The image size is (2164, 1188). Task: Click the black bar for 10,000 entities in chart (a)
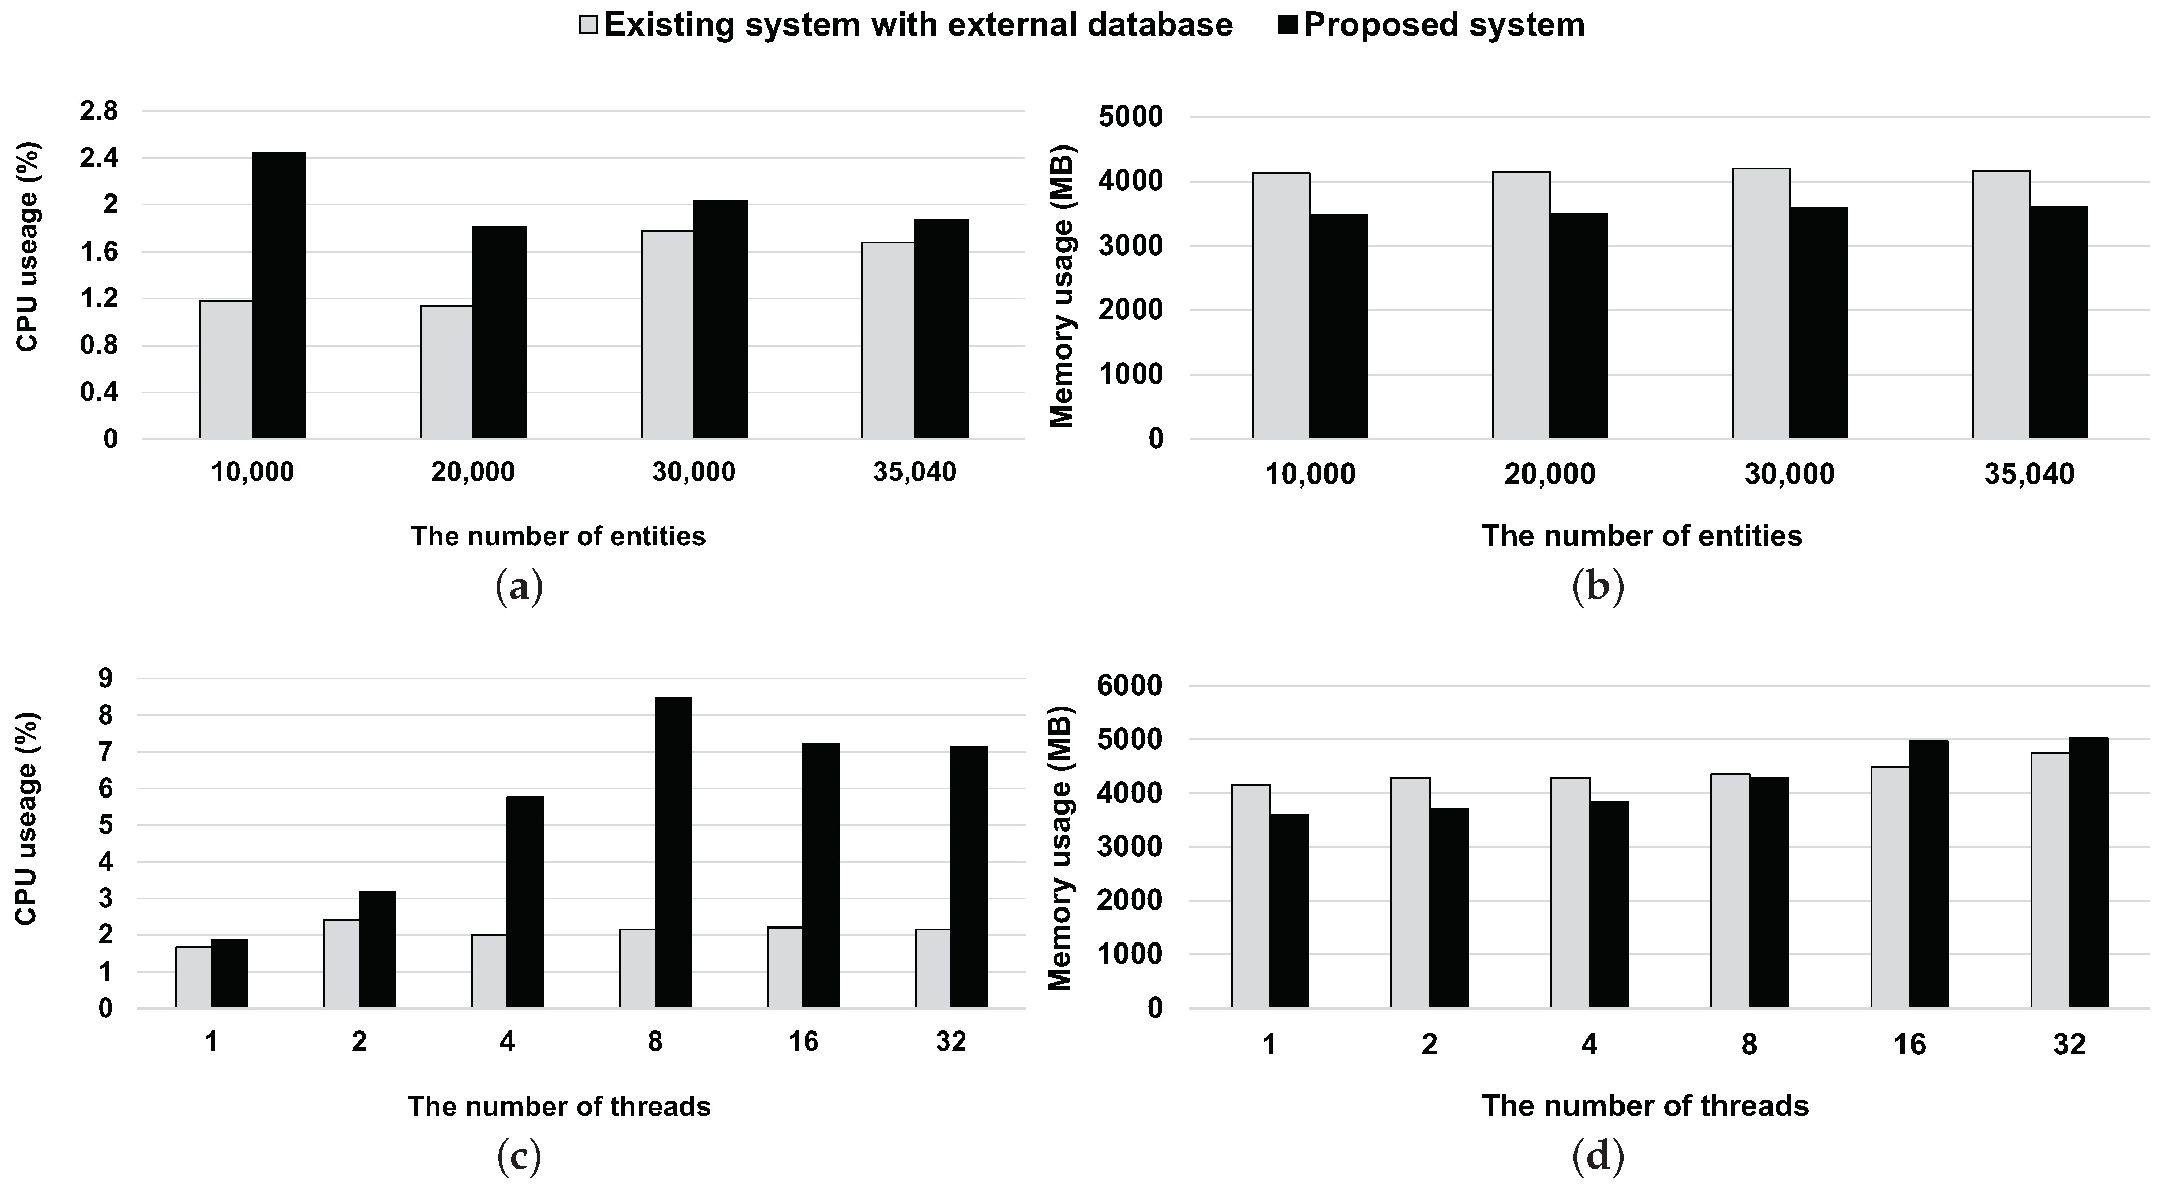(279, 296)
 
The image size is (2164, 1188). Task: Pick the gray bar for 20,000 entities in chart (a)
(446, 372)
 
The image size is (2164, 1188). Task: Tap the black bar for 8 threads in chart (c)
(673, 853)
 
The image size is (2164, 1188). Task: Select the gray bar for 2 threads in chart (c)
(341, 964)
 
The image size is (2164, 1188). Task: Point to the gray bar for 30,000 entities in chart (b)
(1761, 303)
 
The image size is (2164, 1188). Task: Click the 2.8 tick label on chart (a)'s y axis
(99, 111)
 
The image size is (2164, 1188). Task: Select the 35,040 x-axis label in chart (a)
(914, 472)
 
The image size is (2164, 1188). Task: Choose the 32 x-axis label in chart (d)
(2069, 1044)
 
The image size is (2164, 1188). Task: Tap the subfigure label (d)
(1598, 1158)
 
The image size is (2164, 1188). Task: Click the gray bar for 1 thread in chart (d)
(1250, 896)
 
